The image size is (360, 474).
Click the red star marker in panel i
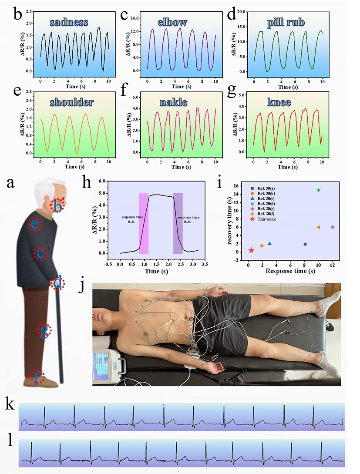coord(251,250)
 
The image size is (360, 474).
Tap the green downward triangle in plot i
coord(319,190)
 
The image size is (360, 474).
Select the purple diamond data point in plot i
coord(333,227)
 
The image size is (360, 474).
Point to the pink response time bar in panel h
coord(144,223)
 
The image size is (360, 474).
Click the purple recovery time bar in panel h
coord(178,223)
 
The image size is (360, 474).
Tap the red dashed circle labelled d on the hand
coord(57,284)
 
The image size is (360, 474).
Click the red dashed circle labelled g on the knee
coord(43,331)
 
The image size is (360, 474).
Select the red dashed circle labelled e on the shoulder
coord(34,224)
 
